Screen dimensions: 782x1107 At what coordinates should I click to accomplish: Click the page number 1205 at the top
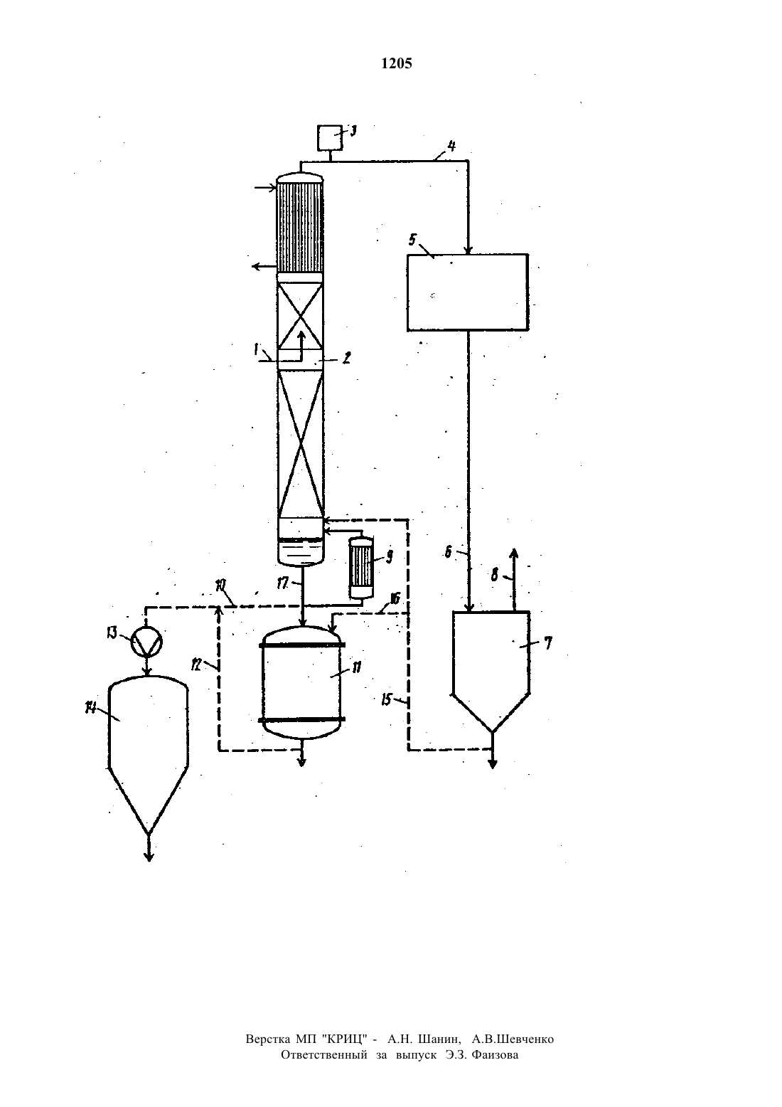coord(397,64)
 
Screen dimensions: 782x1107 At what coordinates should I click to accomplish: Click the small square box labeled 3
coord(330,137)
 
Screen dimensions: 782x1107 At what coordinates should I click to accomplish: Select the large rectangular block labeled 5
coord(468,292)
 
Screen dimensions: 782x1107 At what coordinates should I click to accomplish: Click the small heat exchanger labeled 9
coord(361,568)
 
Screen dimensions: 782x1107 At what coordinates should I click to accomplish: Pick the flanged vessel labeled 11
coord(302,682)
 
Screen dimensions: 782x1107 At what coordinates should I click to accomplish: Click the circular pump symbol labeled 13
coord(146,642)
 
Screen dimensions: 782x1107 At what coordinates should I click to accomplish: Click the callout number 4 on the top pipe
coord(451,146)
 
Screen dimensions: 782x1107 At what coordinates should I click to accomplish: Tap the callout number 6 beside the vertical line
coord(448,551)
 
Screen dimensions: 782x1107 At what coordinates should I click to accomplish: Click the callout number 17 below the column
coord(282,583)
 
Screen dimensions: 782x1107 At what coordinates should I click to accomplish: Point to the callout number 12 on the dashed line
coord(196,666)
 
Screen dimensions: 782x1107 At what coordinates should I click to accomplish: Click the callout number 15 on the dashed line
coord(387,699)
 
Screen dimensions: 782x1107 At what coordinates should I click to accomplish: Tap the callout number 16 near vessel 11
coord(395,598)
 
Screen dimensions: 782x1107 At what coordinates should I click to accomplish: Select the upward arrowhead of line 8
coord(513,553)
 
